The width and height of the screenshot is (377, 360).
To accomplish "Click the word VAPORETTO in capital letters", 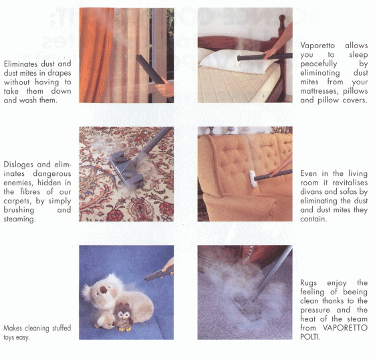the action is click(x=345, y=328).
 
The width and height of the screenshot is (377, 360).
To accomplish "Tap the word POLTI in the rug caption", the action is click(x=310, y=337).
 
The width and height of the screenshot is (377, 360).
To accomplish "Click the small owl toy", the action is click(x=124, y=317).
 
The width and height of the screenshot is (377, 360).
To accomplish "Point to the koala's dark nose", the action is click(x=104, y=290).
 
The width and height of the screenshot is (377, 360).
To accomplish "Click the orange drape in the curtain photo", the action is click(x=96, y=56).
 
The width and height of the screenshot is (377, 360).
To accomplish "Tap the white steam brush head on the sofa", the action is click(x=253, y=179).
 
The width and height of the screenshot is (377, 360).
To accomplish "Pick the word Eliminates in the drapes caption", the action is click(x=21, y=64).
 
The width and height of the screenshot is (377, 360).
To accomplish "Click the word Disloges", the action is click(x=19, y=165).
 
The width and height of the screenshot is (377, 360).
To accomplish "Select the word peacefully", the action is click(x=319, y=64).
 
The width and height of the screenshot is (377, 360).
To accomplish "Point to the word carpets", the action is click(x=17, y=201).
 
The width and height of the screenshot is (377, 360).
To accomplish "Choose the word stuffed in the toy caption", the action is click(x=60, y=328).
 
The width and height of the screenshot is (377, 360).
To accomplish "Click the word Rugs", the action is click(x=308, y=283).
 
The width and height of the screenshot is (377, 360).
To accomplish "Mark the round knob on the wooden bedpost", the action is click(x=281, y=18).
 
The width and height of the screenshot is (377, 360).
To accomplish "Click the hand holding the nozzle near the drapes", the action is click(x=165, y=88).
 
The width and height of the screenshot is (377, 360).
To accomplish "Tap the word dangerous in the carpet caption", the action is click(x=52, y=174).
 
